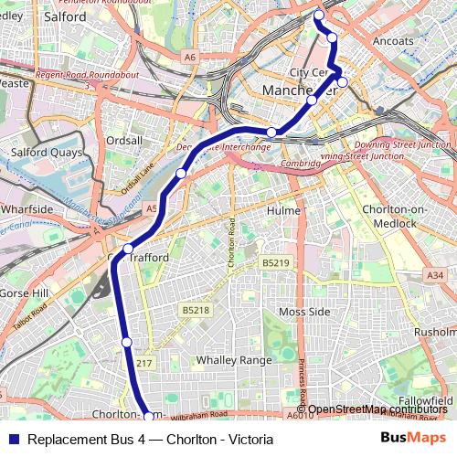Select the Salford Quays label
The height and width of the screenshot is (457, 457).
tap(46, 153)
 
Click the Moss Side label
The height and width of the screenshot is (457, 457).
tap(303, 313)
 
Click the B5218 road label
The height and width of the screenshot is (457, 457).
tap(195, 311)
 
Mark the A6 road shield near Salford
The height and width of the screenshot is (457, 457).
tap(189, 58)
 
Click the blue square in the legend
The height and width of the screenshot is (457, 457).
tap(13, 439)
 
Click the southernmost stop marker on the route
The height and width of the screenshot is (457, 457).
tap(149, 417)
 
